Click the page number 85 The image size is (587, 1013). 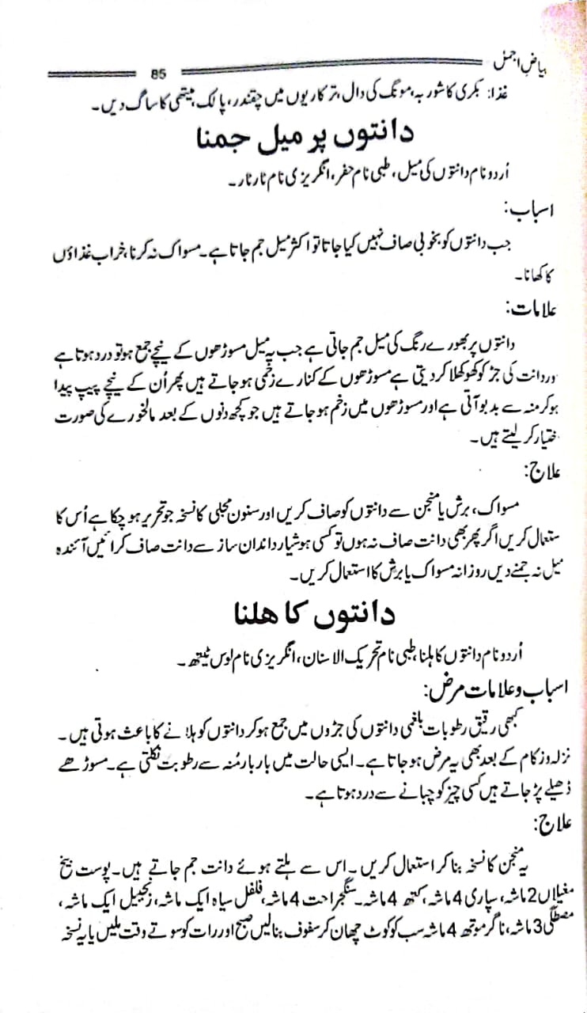click(x=156, y=74)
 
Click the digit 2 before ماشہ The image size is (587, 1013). click(x=518, y=901)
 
